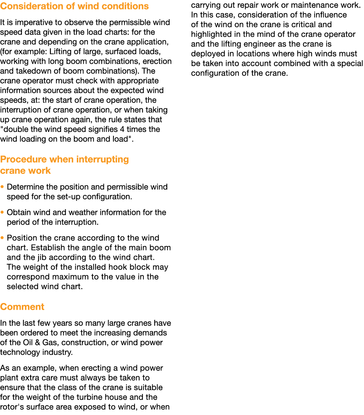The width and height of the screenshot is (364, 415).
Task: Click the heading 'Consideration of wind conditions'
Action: point(74,6)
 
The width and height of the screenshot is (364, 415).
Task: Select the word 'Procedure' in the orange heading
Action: point(23,159)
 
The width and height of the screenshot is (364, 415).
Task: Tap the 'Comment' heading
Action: point(22,307)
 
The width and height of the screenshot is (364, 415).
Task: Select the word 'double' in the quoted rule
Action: point(16,130)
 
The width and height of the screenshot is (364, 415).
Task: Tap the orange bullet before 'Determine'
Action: point(2,187)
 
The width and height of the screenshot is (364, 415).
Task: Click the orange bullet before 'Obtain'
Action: point(2,212)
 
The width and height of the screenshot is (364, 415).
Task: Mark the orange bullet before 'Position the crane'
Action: point(2,238)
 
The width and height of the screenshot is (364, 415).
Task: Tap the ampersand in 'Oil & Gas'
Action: point(37,342)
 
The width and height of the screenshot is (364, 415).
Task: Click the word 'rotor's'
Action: point(12,407)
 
